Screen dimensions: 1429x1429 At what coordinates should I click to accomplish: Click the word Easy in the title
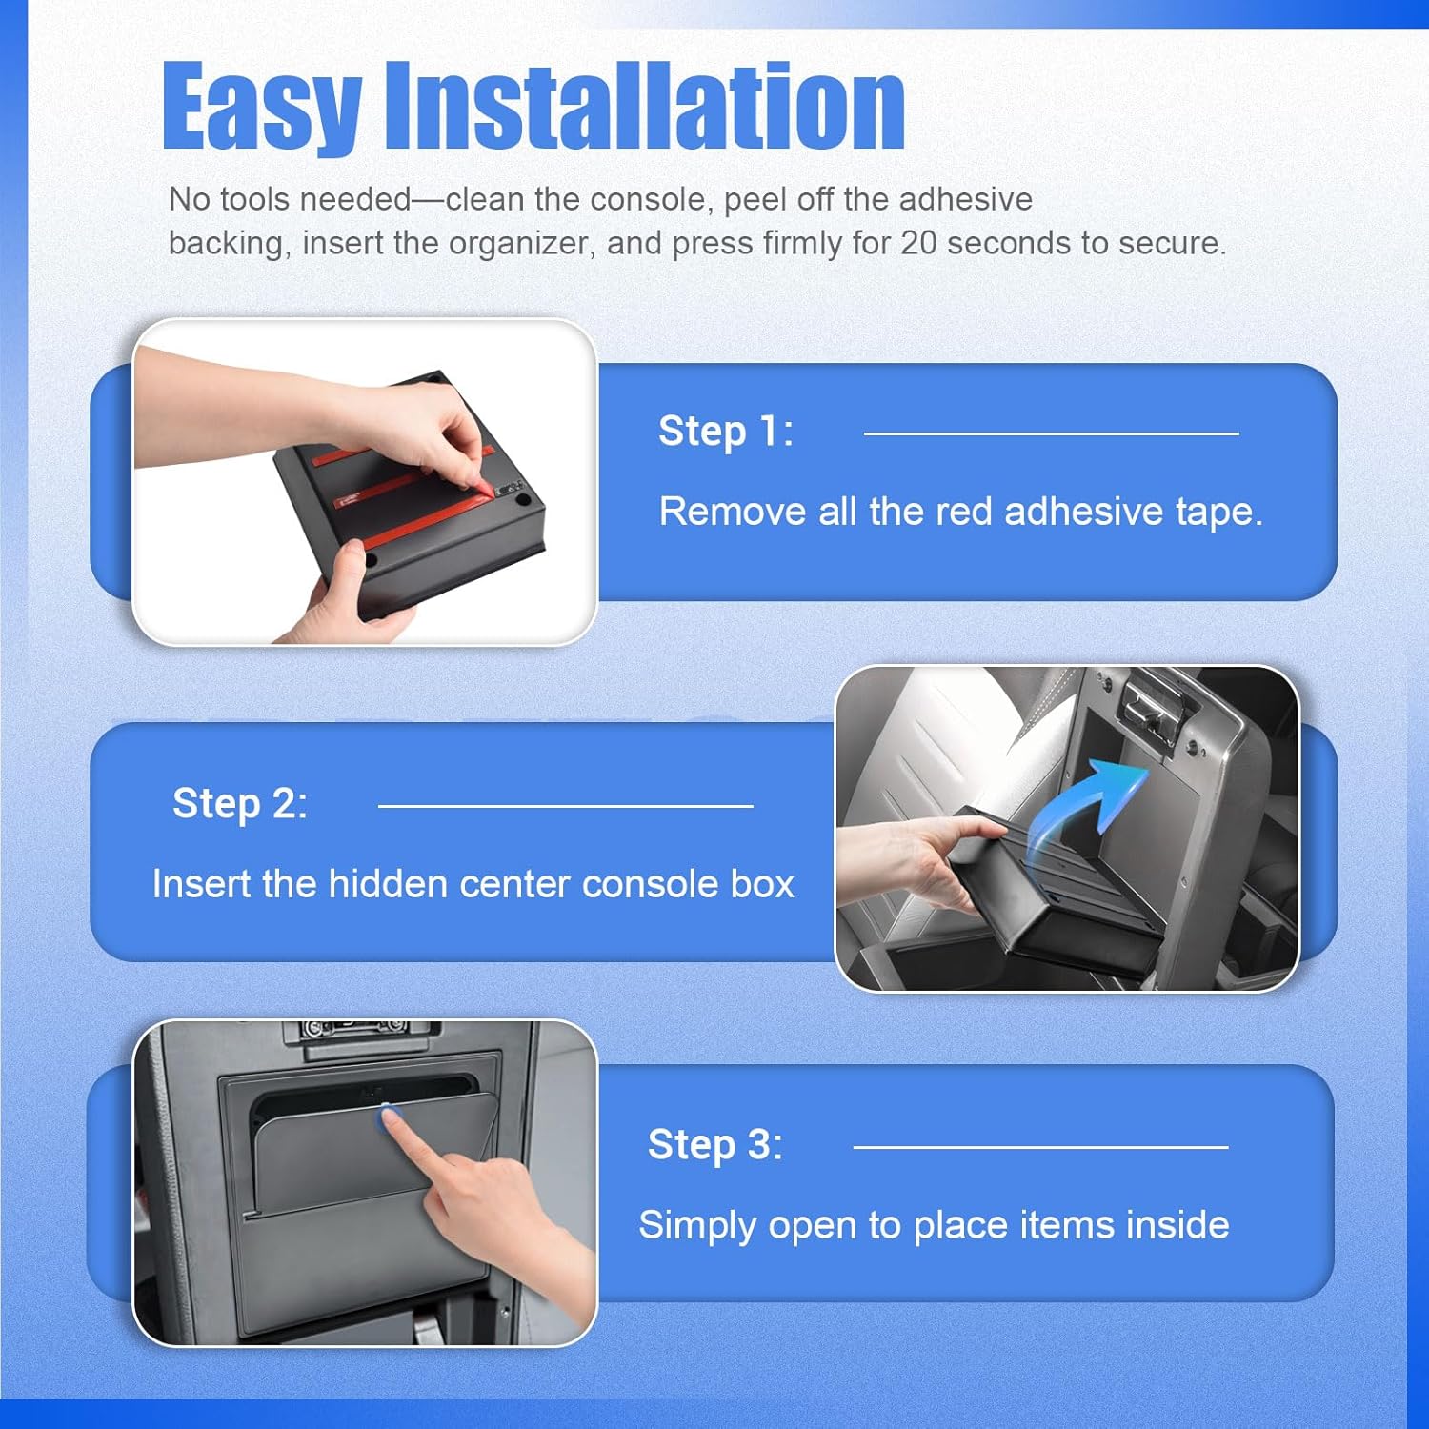(261, 107)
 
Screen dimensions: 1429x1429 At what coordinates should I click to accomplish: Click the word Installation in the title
(644, 107)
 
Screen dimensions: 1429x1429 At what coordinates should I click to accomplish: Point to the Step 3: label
(715, 1145)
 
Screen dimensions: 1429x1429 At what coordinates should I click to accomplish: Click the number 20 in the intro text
(919, 243)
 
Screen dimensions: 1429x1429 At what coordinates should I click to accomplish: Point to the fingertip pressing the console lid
(390, 1117)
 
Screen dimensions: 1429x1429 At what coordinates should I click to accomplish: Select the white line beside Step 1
(1051, 433)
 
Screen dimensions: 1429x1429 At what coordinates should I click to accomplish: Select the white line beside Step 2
(565, 806)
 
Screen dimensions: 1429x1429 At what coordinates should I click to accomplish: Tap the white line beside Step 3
(1040, 1147)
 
